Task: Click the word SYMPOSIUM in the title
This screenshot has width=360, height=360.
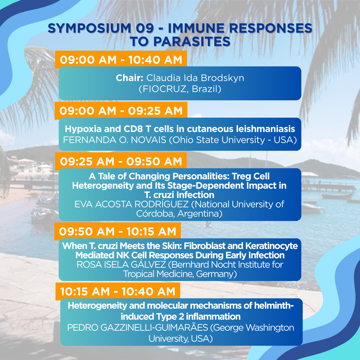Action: coord(89,28)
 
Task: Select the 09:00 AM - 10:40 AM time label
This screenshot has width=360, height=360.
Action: coord(121,60)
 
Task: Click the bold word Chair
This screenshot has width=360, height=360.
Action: coord(129,78)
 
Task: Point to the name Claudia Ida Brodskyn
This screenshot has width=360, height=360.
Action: coord(195,78)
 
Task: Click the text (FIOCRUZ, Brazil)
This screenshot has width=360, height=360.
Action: coord(180,89)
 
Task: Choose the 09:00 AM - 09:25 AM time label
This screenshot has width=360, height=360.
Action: coord(121,111)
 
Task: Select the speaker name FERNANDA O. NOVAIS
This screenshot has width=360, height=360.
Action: coord(115,140)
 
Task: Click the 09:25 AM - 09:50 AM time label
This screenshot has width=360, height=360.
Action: coord(121,161)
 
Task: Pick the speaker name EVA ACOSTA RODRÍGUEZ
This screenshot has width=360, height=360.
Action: coord(132,204)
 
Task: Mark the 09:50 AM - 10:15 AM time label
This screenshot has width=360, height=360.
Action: coord(118,231)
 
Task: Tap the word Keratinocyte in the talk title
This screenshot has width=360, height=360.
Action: coord(271,246)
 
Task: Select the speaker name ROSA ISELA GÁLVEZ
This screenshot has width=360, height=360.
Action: coord(121,264)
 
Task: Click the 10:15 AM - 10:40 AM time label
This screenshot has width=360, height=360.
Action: coord(118,292)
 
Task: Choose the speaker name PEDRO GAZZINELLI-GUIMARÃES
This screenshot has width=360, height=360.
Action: coord(138,327)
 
